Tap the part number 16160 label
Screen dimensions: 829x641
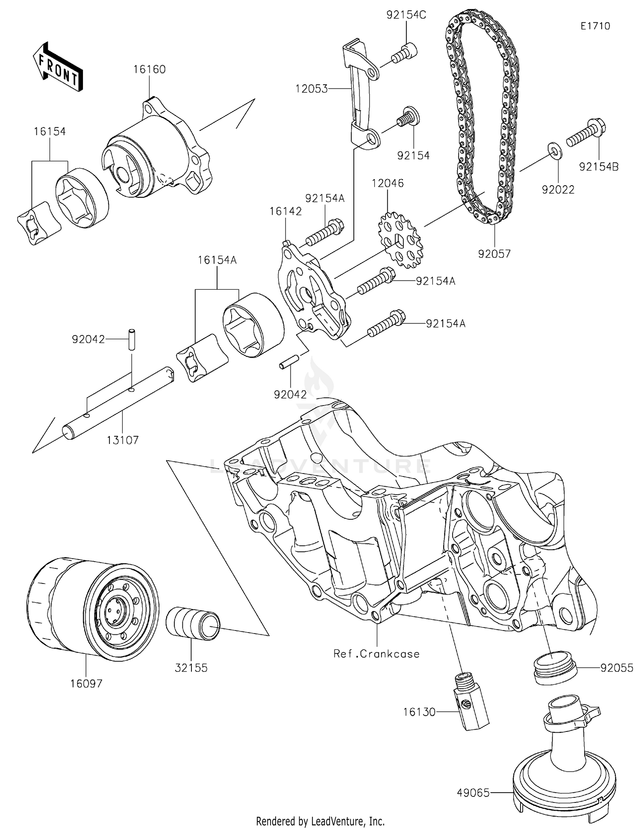pyautogui.click(x=149, y=69)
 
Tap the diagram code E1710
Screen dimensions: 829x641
pyautogui.click(x=595, y=26)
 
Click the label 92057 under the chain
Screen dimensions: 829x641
pyautogui.click(x=494, y=254)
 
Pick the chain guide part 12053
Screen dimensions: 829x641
pyautogui.click(x=359, y=94)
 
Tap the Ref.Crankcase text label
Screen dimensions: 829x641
pyautogui.click(x=376, y=654)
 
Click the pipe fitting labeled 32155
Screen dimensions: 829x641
pyautogui.click(x=192, y=623)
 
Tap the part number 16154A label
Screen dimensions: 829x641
pyautogui.click(x=217, y=260)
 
